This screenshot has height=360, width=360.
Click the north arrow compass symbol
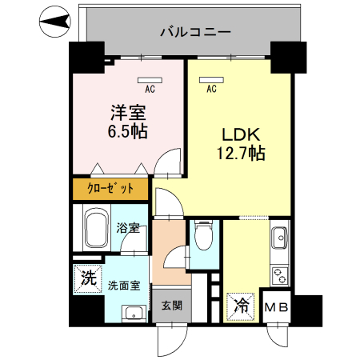coord(53,21)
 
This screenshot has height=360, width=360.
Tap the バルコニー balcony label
coord(195,33)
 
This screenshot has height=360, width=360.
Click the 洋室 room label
coord(127,111)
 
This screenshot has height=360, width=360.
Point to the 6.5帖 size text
coord(127,130)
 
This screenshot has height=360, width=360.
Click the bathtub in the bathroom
coord(97,229)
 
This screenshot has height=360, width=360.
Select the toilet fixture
coord(203,236)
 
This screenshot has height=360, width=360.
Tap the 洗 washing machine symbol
coord(87,279)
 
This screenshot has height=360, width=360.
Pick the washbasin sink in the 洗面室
coord(136,313)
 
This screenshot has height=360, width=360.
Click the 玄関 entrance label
coord(171,305)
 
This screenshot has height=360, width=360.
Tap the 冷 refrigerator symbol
coord(241,305)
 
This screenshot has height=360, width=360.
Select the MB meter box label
coord(277,307)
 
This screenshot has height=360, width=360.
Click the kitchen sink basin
coord(281,238)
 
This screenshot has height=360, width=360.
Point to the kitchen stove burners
coord(281,277)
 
